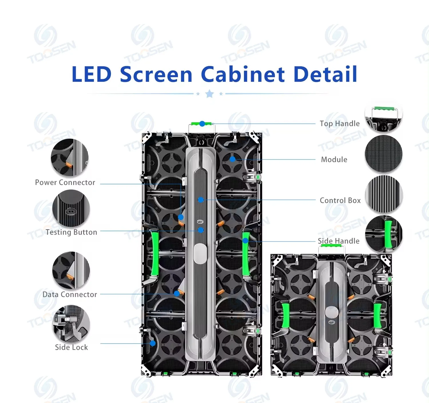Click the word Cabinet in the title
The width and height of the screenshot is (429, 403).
[x=243, y=74]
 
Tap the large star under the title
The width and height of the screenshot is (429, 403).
[x=210, y=94]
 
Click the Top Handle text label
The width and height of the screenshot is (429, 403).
[x=339, y=123]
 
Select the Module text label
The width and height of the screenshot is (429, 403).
[x=334, y=159]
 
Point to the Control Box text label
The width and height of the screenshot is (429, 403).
[x=340, y=200]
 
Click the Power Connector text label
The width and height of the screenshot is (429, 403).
[x=65, y=182]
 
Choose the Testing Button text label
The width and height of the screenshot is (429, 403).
[x=71, y=232]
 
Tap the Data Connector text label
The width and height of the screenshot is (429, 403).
[x=69, y=294]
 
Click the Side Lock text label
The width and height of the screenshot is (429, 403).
[x=71, y=347]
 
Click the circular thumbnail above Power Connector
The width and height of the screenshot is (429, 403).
[x=69, y=157]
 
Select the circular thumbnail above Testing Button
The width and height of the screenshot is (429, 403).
[x=71, y=208]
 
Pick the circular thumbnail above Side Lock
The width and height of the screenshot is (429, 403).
[x=71, y=323]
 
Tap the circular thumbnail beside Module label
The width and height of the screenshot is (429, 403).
[x=384, y=154]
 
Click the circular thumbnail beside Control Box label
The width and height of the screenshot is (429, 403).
[x=384, y=194]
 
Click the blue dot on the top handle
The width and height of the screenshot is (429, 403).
[x=202, y=124]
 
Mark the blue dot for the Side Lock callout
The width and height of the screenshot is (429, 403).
[x=153, y=343]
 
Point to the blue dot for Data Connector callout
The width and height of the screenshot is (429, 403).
[x=177, y=294]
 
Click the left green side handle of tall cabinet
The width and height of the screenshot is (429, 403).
[x=155, y=253]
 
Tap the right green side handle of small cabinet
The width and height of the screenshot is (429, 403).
[x=378, y=315]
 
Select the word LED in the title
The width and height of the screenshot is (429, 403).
[x=91, y=74]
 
